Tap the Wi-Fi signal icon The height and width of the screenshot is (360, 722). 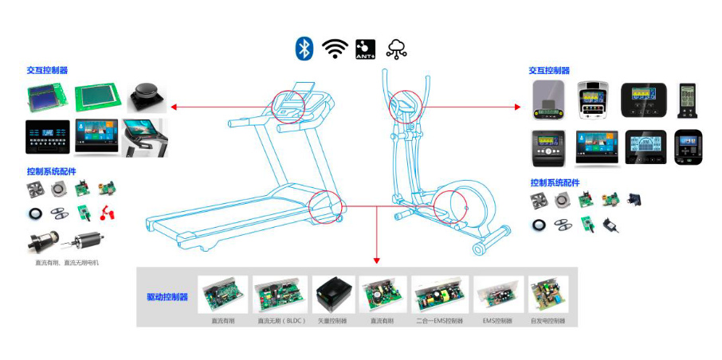point(335,49)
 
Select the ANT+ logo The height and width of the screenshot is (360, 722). point(365,49)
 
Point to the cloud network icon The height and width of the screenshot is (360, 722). point(396,49)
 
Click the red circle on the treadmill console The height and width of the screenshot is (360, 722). point(288,104)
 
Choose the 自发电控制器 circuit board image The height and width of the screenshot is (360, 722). point(547,295)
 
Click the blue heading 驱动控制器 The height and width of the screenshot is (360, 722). point(167,297)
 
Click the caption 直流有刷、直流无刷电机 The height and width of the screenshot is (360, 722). point(67,262)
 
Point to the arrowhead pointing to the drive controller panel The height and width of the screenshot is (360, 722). point(376,260)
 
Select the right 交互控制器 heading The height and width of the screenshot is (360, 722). point(549,70)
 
